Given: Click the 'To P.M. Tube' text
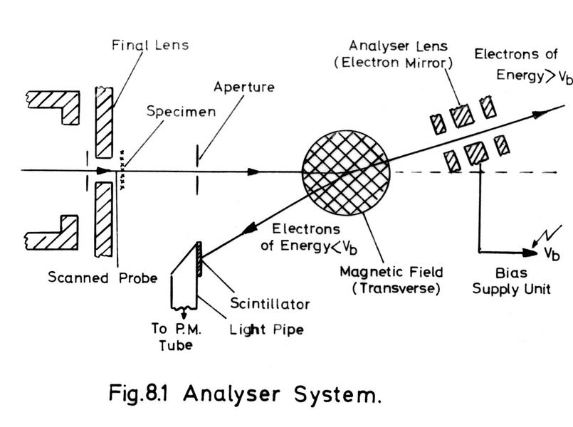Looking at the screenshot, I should click(x=177, y=339).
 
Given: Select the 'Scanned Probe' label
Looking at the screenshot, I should click(x=101, y=278).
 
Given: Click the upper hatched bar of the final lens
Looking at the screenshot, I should click(x=105, y=122).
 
